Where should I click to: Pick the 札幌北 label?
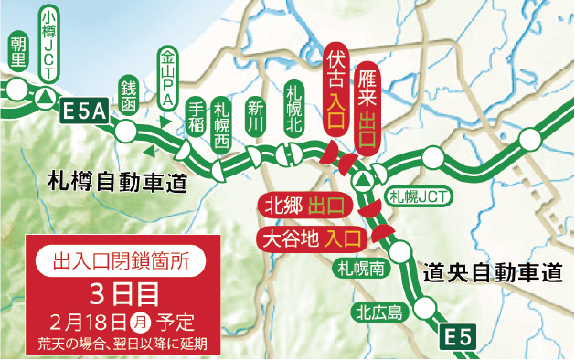[293, 107]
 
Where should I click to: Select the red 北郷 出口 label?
[302, 205]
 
